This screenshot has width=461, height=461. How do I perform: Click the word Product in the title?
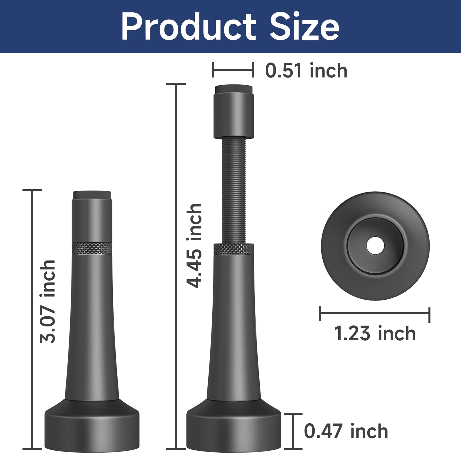click(189, 27)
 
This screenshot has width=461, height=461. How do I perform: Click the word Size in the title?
click(305, 27)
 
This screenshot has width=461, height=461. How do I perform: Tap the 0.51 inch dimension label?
click(306, 71)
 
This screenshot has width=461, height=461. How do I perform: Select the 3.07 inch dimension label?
click(47, 301)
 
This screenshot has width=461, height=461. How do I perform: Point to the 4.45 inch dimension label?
click(194, 245)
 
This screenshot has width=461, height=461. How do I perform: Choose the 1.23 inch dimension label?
click(375, 333)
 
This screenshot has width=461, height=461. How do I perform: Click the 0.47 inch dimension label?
click(346, 431)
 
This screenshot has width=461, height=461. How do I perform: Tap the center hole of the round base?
click(375, 246)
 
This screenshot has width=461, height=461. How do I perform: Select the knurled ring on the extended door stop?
click(234, 249)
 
